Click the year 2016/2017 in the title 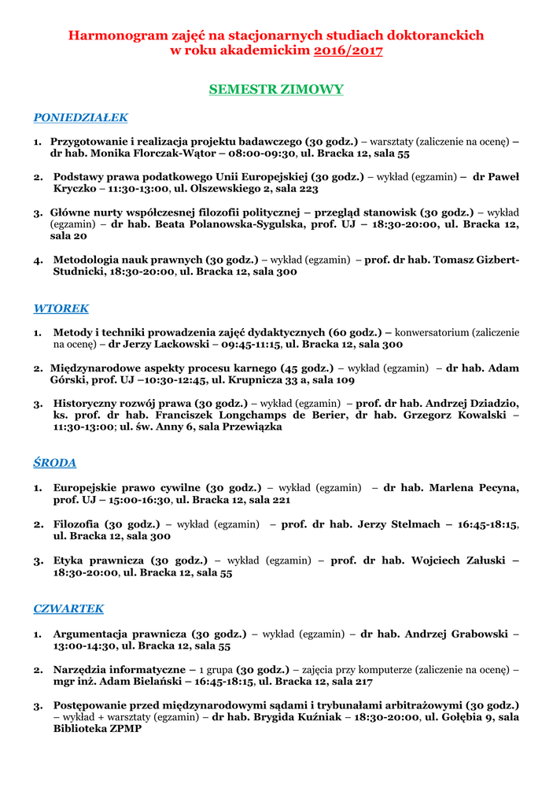tap(348, 51)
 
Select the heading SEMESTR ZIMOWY tap(276, 90)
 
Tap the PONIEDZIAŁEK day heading tap(80, 118)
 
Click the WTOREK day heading tap(61, 309)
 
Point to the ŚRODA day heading tap(54, 463)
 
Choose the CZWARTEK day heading tap(68, 609)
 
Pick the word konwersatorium tap(435, 332)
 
